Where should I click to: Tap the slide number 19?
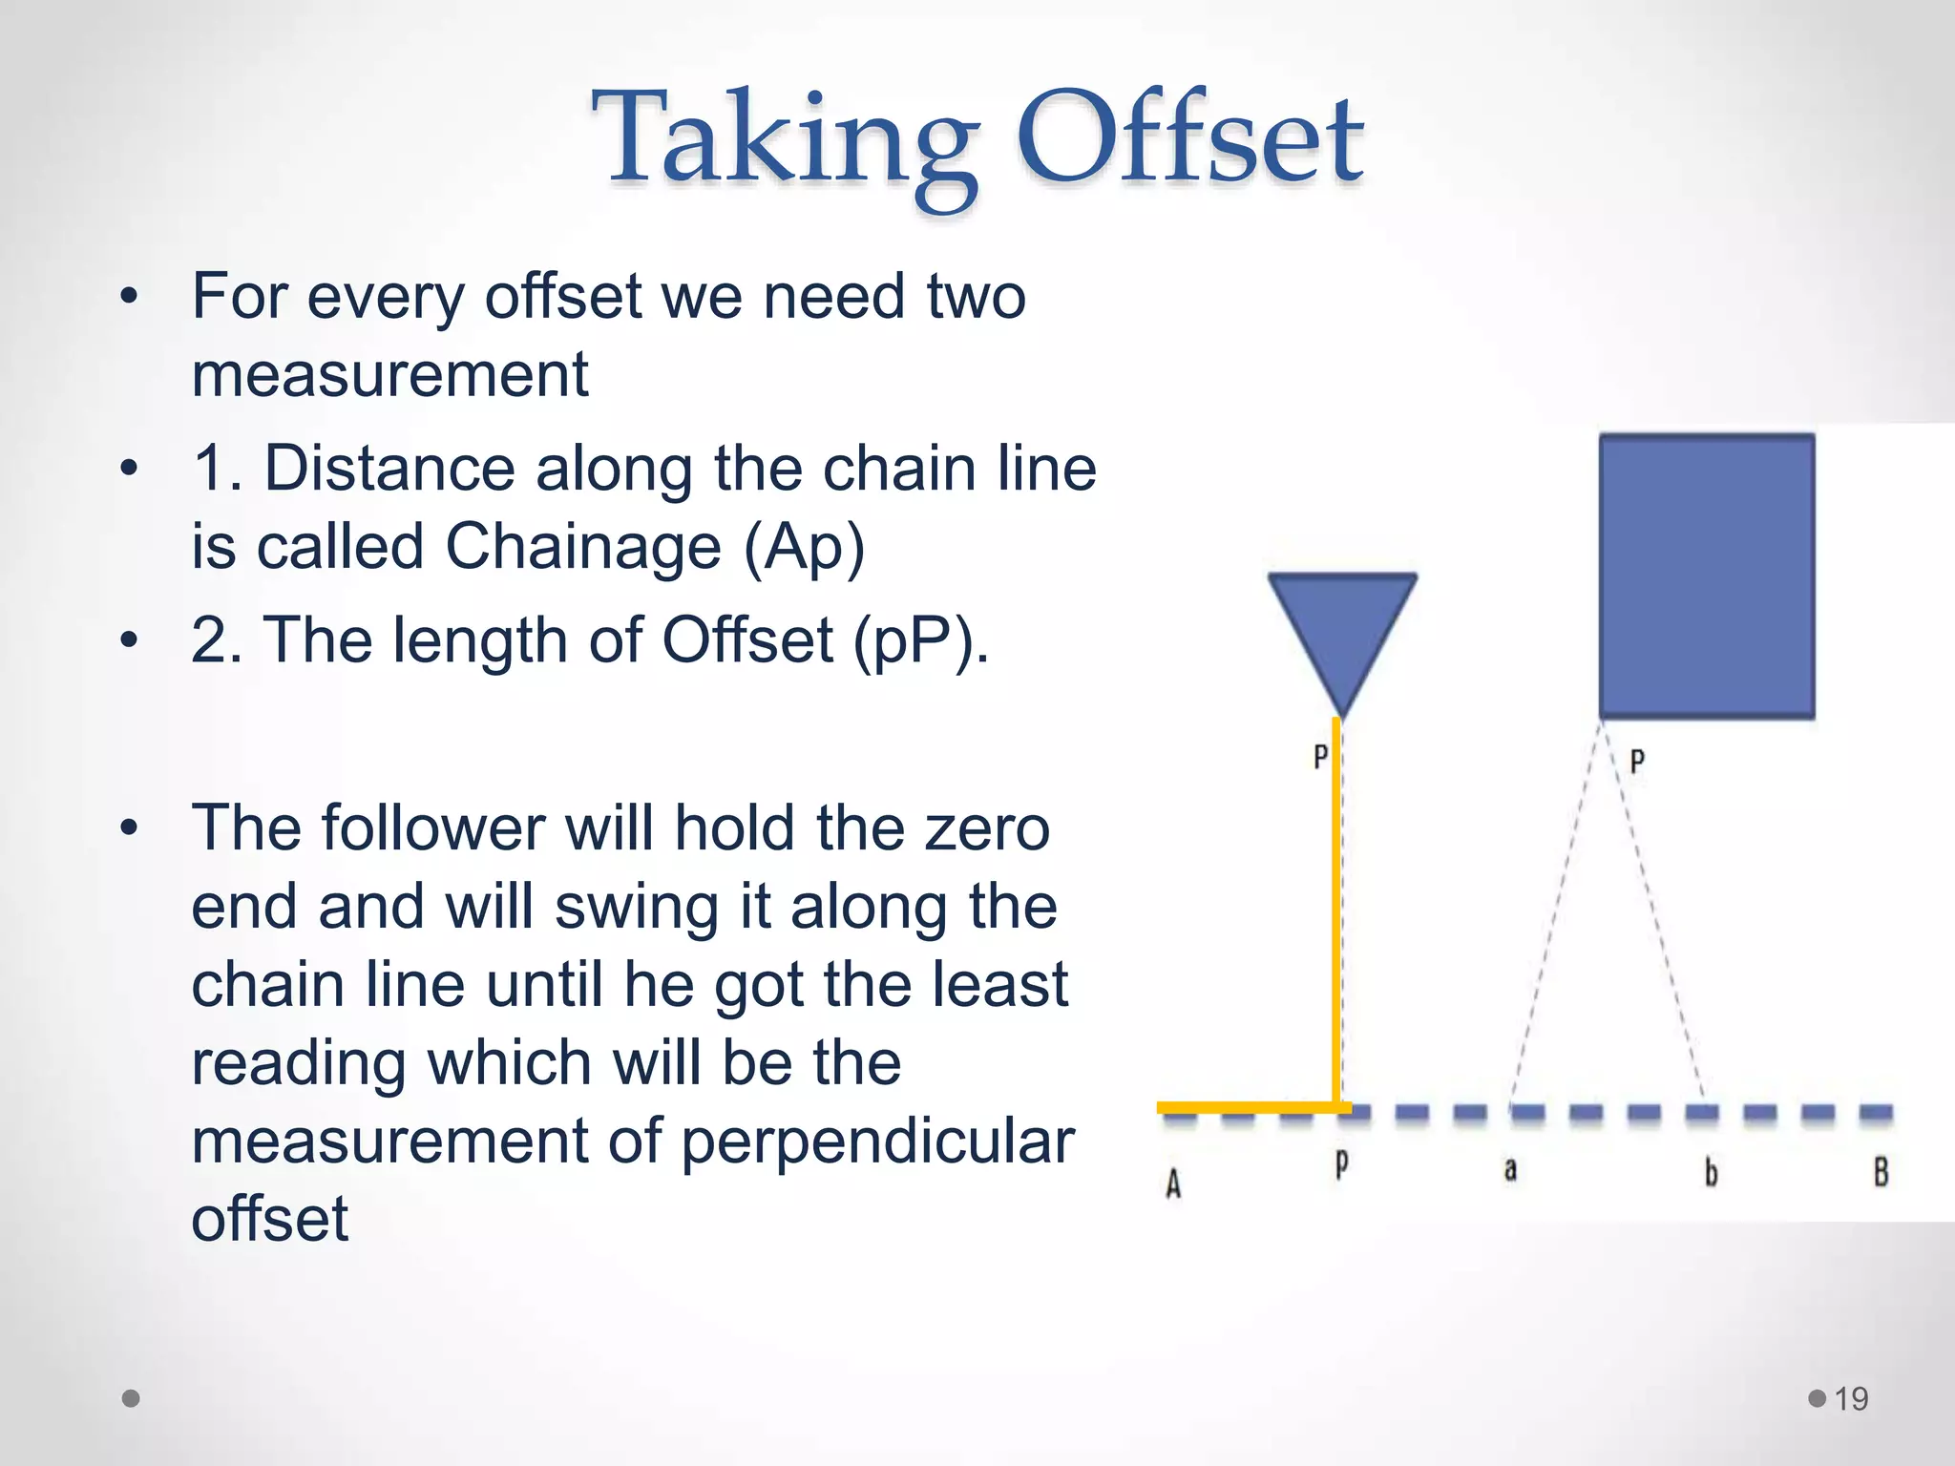pyautogui.click(x=1851, y=1399)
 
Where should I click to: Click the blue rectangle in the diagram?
pyautogui.click(x=1707, y=576)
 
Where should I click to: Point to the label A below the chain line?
pyautogui.click(x=1173, y=1184)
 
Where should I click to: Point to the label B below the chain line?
pyautogui.click(x=1881, y=1172)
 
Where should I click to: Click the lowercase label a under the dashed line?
pyautogui.click(x=1510, y=1169)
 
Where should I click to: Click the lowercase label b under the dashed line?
pyautogui.click(x=1711, y=1172)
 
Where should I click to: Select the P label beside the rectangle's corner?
pyautogui.click(x=1637, y=762)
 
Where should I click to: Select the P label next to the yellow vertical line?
pyautogui.click(x=1320, y=757)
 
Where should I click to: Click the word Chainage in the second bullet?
pyautogui.click(x=583, y=547)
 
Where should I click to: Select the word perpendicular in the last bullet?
pyautogui.click(x=878, y=1141)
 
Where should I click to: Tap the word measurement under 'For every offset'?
pyautogui.click(x=389, y=374)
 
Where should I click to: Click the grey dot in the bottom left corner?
pyautogui.click(x=132, y=1398)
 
